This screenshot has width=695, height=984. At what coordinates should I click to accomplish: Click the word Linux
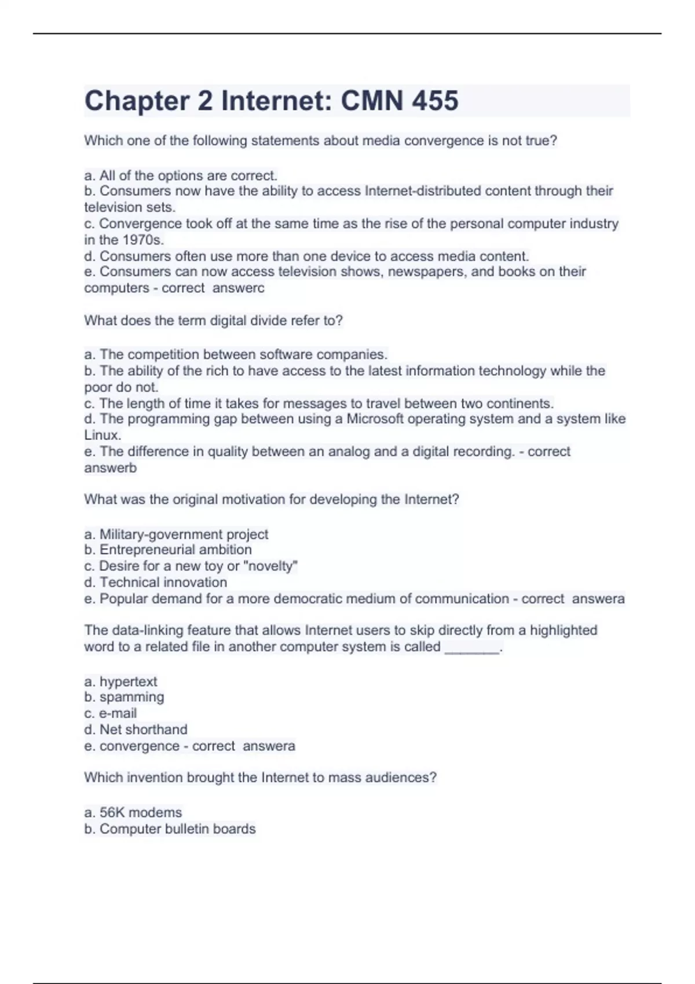coord(103,435)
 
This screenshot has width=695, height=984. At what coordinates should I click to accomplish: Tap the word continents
coord(520,403)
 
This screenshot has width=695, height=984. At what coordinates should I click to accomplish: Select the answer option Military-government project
coord(183,534)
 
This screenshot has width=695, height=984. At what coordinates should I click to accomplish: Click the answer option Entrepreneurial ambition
coord(175,550)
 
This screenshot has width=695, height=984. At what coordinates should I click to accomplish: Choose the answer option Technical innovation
coord(163,582)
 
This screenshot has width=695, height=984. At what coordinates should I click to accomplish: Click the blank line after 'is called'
coord(471,648)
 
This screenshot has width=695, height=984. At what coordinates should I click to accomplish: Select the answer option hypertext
coord(128,682)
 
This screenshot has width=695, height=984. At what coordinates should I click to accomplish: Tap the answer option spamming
coord(131,697)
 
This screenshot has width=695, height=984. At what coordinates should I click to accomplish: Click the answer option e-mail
coord(118,714)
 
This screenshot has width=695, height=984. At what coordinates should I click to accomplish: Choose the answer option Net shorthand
coord(143,730)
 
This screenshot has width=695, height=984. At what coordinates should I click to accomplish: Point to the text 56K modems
coord(140,813)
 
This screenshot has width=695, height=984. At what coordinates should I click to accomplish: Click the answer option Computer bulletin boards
coord(177,829)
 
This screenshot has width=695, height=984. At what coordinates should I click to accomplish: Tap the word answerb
coord(111,468)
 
